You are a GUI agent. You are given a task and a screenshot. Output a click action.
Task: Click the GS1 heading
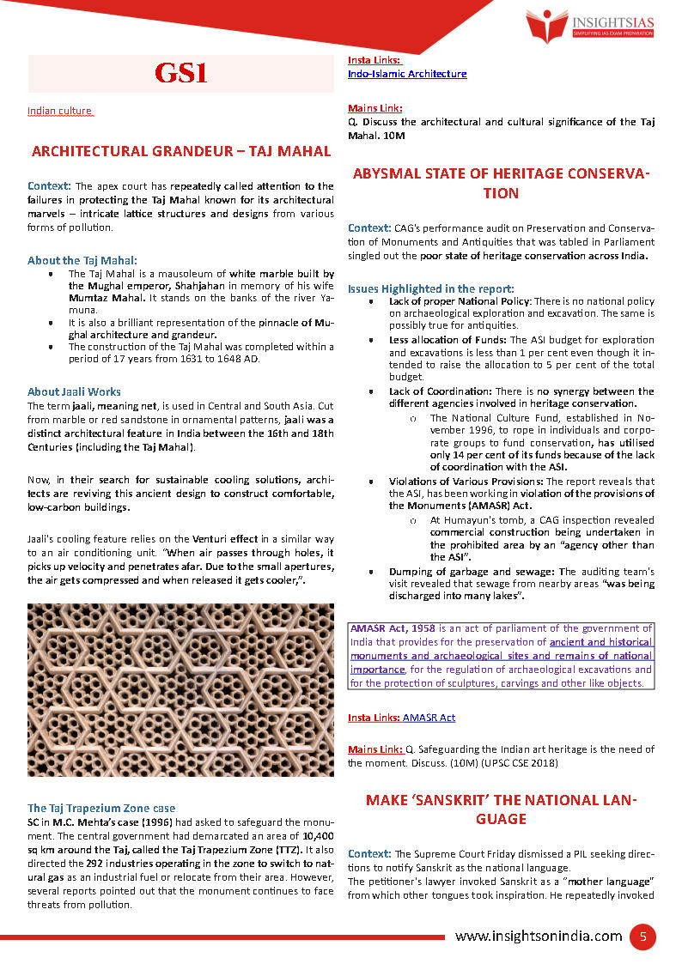point(180,73)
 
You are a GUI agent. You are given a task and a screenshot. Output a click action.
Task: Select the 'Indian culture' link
point(59,111)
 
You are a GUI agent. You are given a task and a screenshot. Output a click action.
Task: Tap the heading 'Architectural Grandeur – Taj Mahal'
point(180,151)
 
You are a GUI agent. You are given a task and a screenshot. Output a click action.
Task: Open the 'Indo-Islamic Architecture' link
point(407,74)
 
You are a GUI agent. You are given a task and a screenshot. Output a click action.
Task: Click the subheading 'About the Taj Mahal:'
point(82,260)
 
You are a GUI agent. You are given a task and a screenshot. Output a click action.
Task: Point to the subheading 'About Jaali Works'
point(74,391)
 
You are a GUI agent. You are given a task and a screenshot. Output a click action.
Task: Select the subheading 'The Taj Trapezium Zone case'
point(101,808)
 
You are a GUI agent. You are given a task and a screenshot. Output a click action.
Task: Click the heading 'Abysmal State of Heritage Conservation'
point(501,183)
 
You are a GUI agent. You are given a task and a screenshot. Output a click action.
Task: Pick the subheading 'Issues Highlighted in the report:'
point(431,288)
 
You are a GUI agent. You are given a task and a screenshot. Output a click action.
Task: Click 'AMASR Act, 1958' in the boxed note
point(392,628)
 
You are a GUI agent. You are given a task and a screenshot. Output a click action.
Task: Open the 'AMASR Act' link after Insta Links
point(429,717)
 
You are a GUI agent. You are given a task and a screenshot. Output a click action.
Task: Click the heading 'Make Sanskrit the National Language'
point(501,809)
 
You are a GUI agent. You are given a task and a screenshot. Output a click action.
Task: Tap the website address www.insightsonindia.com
point(539,936)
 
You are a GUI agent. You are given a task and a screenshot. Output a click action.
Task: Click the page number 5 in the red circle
point(642,936)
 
